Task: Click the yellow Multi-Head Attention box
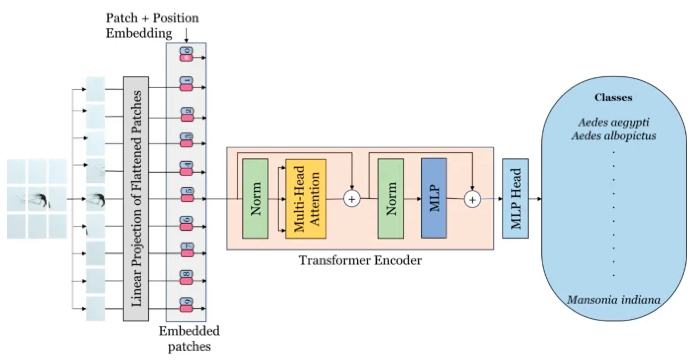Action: point(306,199)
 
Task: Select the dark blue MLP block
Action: point(433,198)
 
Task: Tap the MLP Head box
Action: point(515,198)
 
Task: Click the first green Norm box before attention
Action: point(255,198)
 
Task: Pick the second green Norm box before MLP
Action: point(391,198)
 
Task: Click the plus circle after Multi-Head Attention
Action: point(352,199)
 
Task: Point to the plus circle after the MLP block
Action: point(472,199)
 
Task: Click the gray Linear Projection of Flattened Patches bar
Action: point(136,198)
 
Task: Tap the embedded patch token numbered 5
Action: point(186,195)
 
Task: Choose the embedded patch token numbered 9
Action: point(186,305)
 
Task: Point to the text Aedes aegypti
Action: point(614,123)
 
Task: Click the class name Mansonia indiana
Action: point(614,299)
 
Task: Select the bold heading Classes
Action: point(613,97)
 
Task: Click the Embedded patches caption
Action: point(189,338)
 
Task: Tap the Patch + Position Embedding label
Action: point(152,26)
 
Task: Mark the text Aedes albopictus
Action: point(614,136)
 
